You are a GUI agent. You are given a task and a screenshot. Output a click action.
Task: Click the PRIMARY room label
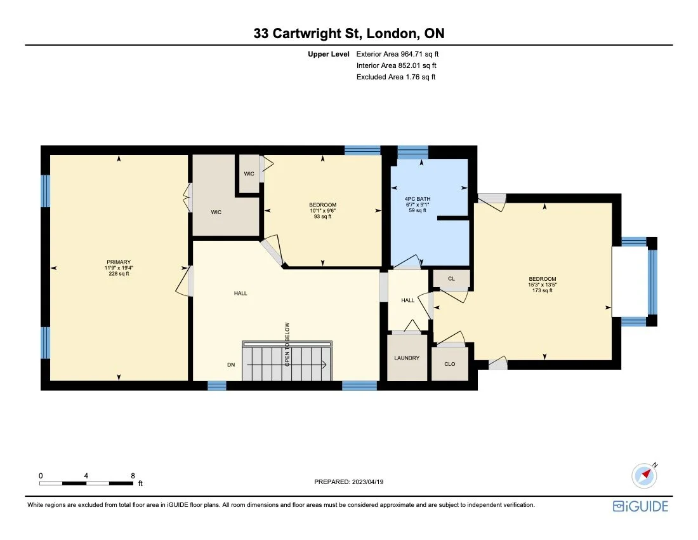click(x=119, y=262)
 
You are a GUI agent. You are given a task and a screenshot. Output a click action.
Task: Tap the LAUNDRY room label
click(x=407, y=358)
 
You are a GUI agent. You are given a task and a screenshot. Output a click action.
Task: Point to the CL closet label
click(x=451, y=279)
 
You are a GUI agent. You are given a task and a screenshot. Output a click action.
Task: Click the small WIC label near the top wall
click(x=249, y=173)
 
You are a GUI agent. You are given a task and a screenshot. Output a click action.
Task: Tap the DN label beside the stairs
click(x=232, y=365)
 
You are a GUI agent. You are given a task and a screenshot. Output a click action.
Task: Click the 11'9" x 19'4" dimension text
click(x=119, y=268)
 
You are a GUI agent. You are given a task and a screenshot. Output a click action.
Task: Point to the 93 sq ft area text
click(x=322, y=217)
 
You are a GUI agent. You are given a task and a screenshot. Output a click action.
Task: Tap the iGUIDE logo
click(x=640, y=506)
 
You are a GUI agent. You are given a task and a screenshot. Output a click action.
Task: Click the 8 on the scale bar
click(x=133, y=475)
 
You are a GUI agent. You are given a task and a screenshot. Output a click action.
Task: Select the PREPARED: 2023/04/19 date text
click(x=349, y=482)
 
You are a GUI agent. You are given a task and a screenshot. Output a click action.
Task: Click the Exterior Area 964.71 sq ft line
click(x=397, y=54)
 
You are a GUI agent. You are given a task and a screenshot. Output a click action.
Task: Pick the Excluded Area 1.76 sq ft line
click(x=396, y=77)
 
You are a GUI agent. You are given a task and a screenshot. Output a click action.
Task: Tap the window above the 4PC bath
click(x=412, y=152)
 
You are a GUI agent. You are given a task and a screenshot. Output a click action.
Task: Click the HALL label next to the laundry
click(x=407, y=300)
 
